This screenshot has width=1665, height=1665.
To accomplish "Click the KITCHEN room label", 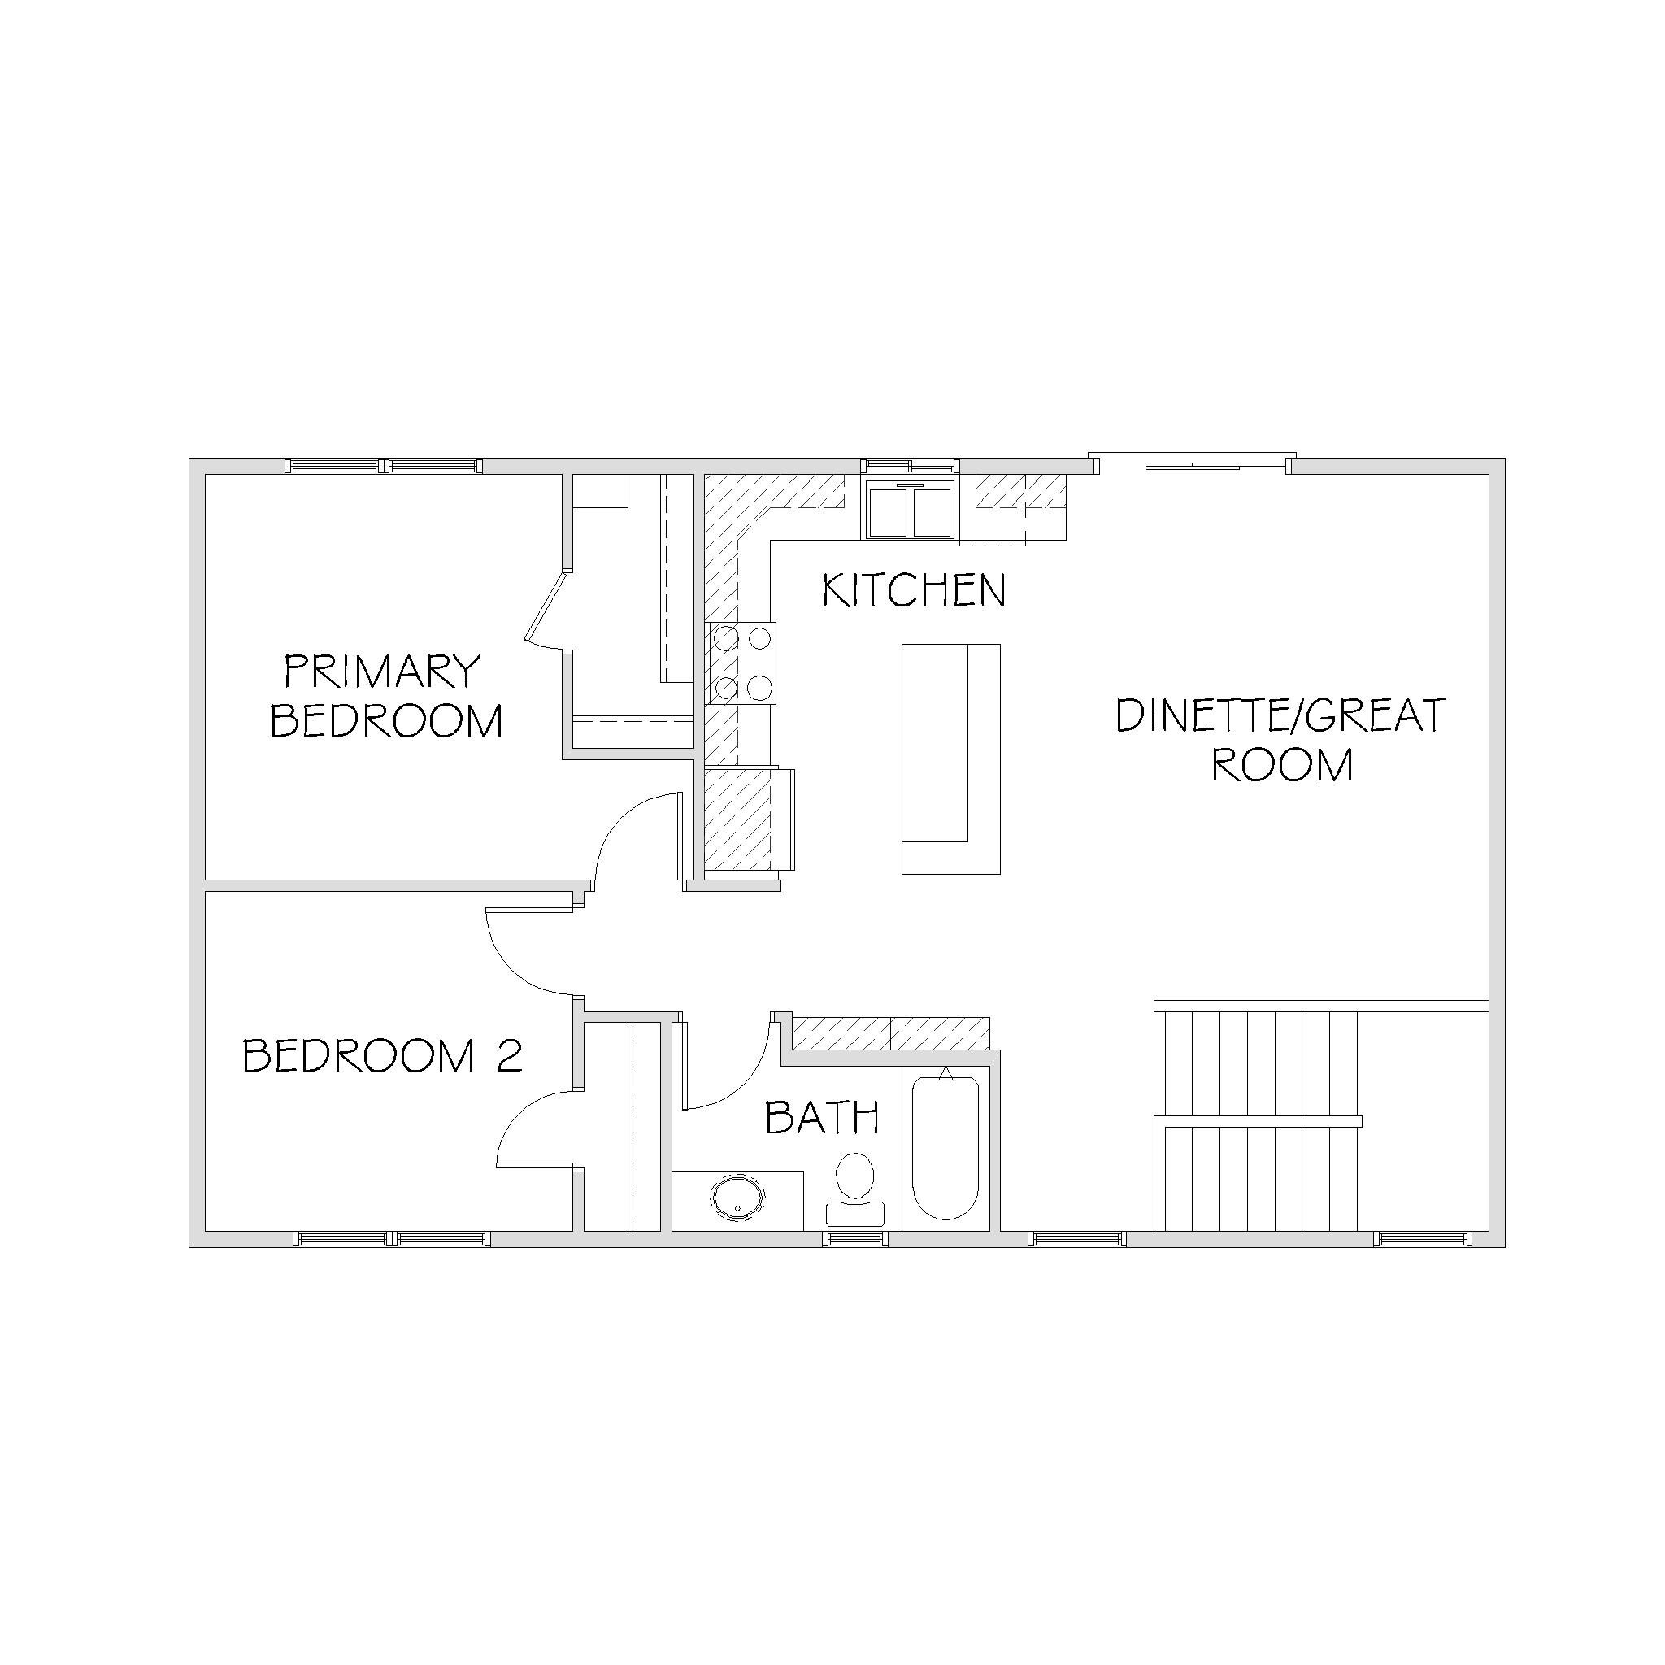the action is pyautogui.click(x=915, y=590).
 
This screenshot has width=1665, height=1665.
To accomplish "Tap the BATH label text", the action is pyautogui.click(x=822, y=1118).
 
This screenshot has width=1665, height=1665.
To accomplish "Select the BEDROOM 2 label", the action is pyautogui.click(x=383, y=1056).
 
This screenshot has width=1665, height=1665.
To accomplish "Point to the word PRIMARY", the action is pyautogui.click(x=382, y=672).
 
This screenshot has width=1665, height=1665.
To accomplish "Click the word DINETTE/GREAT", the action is pyautogui.click(x=1280, y=716).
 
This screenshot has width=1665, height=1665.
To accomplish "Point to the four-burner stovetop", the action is pyautogui.click(x=741, y=663).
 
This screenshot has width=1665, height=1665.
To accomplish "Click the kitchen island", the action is pyautogui.click(x=950, y=759).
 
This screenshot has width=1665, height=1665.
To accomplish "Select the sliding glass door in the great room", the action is pyautogui.click(x=1193, y=463).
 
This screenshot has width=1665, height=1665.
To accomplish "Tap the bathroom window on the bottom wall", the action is pyautogui.click(x=855, y=1239).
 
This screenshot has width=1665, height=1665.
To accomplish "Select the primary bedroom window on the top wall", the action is pyautogui.click(x=385, y=466).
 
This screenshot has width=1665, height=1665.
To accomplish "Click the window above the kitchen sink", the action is pyautogui.click(x=911, y=466).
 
